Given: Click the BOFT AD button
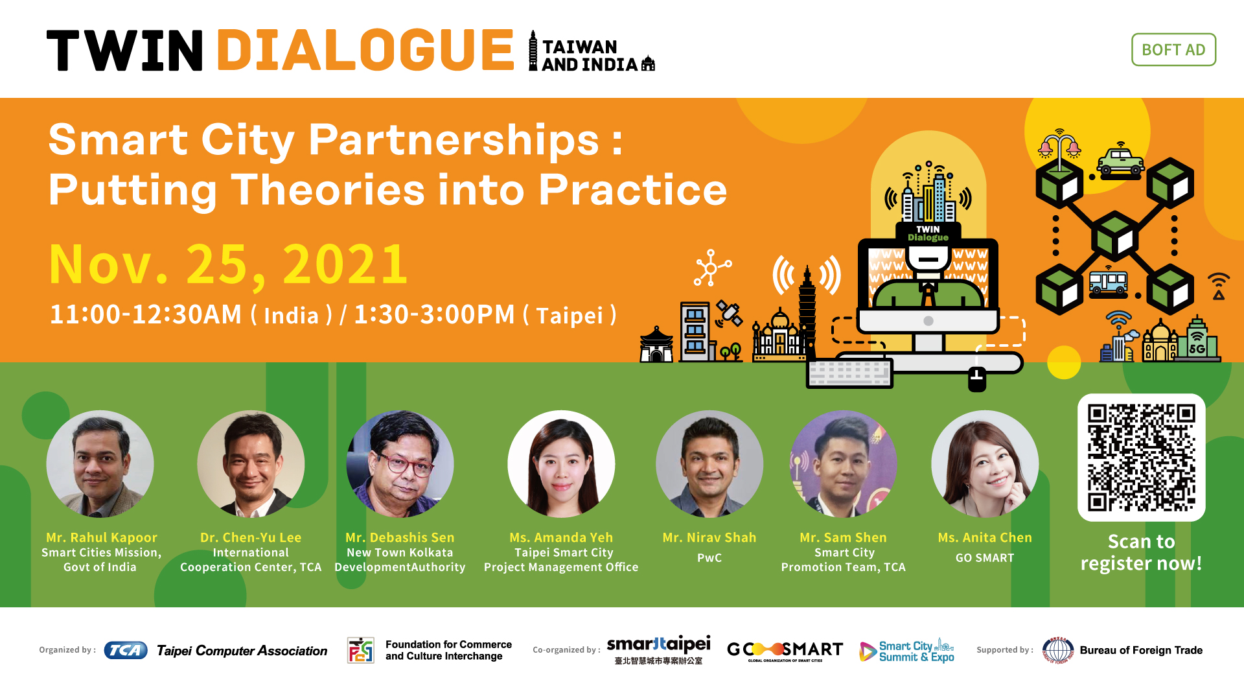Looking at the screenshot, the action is pyautogui.click(x=1173, y=50).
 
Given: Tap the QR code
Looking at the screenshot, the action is pyautogui.click(x=1141, y=458).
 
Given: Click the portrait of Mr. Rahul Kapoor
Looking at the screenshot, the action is pyautogui.click(x=100, y=464).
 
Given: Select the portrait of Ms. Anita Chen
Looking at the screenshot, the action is pyautogui.click(x=985, y=464).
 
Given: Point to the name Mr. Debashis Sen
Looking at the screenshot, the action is pyautogui.click(x=400, y=537).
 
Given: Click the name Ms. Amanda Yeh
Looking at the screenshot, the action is pyautogui.click(x=561, y=537).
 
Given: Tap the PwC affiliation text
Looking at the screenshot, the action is pyautogui.click(x=709, y=557).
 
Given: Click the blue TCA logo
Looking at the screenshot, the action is pyautogui.click(x=126, y=650).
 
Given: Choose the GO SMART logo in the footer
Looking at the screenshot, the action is pyautogui.click(x=785, y=651).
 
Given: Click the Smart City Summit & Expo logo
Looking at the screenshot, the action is pyautogui.click(x=906, y=651).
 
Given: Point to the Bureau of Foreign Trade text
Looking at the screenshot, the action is pyautogui.click(x=1141, y=650).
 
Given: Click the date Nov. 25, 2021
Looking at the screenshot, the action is pyautogui.click(x=228, y=264).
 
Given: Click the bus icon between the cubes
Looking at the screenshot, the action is pyautogui.click(x=1109, y=283).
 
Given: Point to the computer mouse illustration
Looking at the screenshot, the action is pyautogui.click(x=977, y=379).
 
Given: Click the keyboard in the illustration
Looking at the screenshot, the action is pyautogui.click(x=849, y=373).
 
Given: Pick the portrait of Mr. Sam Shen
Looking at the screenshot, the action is pyautogui.click(x=844, y=464).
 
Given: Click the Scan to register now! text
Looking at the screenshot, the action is pyautogui.click(x=1141, y=552).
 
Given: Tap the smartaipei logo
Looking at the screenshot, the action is pyautogui.click(x=658, y=650).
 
